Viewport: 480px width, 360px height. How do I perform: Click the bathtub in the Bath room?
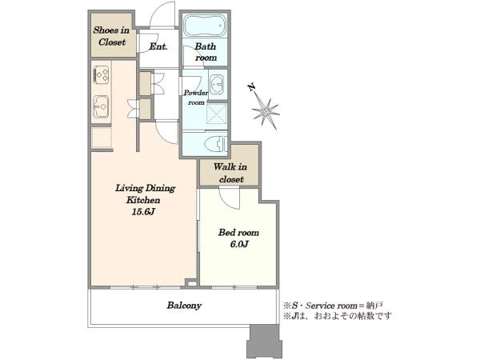point(205,25)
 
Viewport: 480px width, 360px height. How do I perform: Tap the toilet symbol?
point(215,144)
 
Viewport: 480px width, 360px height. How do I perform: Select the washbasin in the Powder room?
point(218,83)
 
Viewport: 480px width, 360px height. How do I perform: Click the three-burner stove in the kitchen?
point(102,74)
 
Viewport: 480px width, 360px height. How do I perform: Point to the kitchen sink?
point(101,107)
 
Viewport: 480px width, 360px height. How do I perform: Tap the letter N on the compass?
point(252,87)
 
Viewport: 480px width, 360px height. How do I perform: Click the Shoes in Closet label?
point(111,36)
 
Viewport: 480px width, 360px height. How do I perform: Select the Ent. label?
point(158,46)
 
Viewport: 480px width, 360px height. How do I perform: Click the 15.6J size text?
point(143,211)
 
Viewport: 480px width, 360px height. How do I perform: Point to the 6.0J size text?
point(239,244)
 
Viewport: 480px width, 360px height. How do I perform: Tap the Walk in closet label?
point(230,173)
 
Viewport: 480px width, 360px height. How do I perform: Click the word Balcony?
point(184,306)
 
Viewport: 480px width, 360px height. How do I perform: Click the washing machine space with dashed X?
point(217,114)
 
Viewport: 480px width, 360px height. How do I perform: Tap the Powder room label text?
point(196,98)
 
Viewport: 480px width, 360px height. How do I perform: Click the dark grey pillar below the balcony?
point(263,341)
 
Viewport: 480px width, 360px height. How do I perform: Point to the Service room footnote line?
point(333,306)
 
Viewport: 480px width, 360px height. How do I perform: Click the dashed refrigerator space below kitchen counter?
point(102,138)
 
